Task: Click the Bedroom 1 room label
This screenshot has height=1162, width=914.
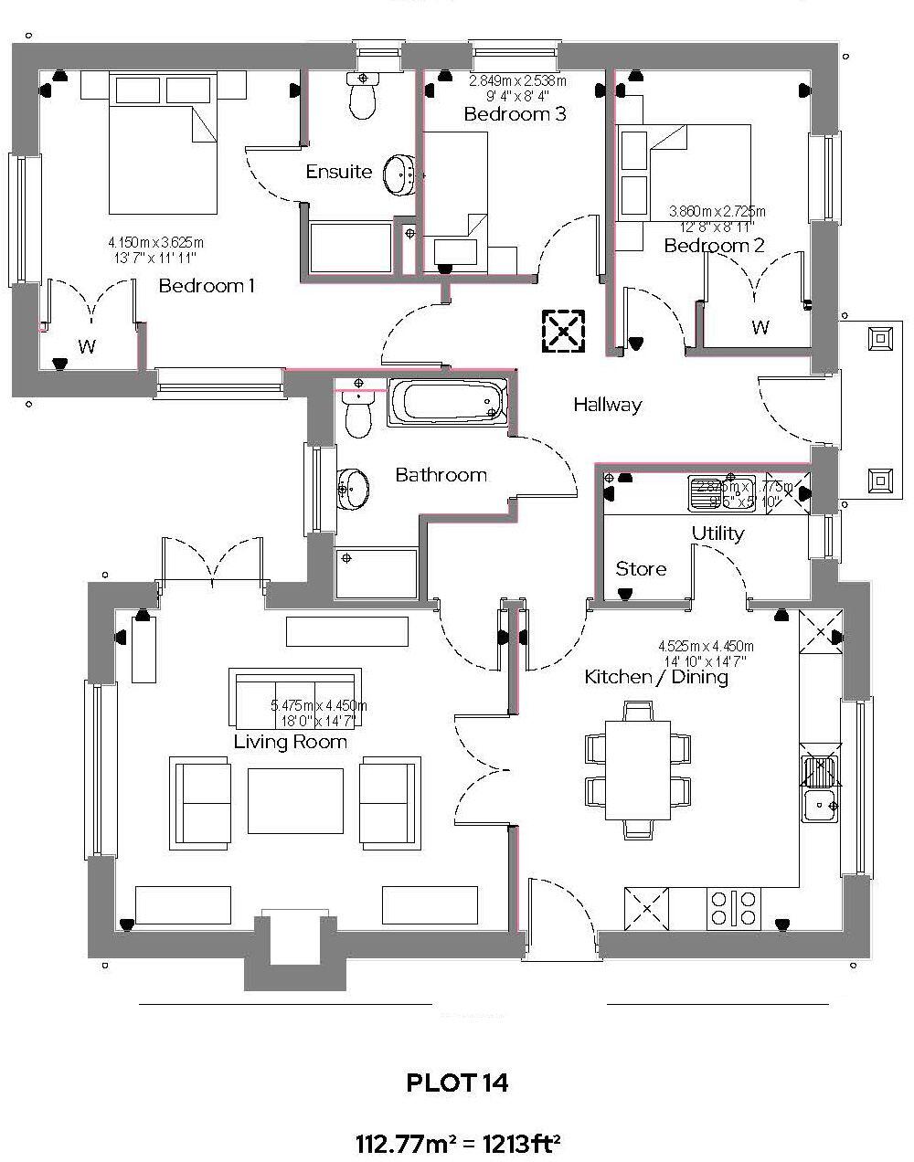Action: click(207, 286)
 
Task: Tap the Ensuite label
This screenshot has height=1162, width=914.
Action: click(339, 172)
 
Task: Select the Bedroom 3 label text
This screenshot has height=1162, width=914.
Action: click(515, 114)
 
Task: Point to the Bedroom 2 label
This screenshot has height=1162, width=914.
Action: click(714, 246)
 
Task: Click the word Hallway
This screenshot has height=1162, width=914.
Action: click(608, 404)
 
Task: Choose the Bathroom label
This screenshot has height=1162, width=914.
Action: click(441, 475)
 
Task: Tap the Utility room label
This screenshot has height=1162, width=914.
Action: click(717, 533)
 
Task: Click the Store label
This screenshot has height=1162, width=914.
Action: click(641, 569)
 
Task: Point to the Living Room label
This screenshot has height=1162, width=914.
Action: click(291, 742)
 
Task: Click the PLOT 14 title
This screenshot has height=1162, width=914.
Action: click(457, 1083)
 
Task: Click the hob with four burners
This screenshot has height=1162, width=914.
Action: click(733, 906)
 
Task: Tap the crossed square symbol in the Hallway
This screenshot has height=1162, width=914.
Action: click(564, 331)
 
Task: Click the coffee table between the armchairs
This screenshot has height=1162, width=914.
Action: click(295, 799)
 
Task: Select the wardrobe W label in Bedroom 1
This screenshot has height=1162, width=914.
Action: click(87, 346)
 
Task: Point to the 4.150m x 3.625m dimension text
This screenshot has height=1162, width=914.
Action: click(155, 242)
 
